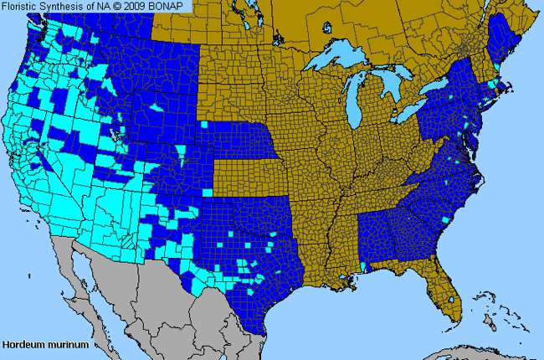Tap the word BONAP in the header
[x=171, y=6]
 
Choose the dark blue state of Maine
[x=502, y=42]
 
